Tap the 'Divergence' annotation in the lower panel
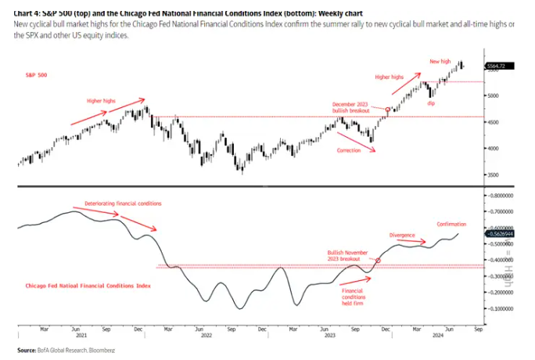click(x=401, y=235)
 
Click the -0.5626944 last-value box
click(x=501, y=233)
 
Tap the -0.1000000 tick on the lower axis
click(x=501, y=308)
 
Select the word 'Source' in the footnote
click(x=27, y=350)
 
